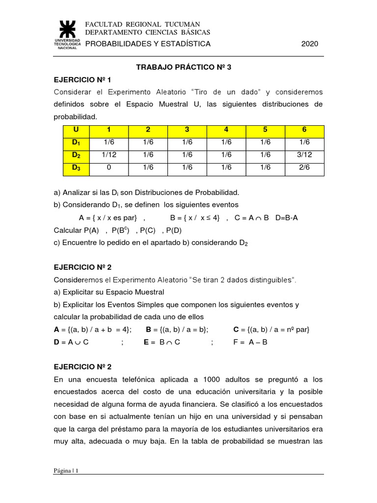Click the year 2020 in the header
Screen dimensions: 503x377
[x=310, y=44]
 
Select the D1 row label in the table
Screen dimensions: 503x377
[x=76, y=143]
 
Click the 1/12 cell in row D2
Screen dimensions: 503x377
[x=108, y=155]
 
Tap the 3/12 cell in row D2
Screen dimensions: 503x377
[x=304, y=155]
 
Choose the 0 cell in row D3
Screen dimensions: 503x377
[x=108, y=168]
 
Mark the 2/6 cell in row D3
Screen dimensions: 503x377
[x=304, y=168]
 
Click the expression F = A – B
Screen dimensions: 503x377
[x=250, y=342]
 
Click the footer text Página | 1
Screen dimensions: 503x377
[x=66, y=471]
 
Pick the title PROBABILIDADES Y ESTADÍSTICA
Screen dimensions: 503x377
[x=148, y=44]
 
